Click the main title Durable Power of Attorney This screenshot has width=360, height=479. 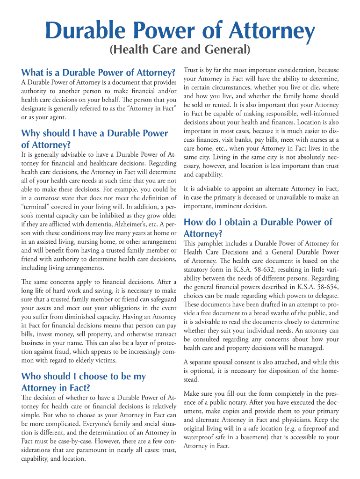pyautogui.click(x=180, y=32)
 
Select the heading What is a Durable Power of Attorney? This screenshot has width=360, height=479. pyautogui.click(x=98, y=73)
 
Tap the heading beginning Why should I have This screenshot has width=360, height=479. pyautogui.click(x=94, y=139)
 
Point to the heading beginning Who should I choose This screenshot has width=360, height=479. pyautogui.click(x=84, y=382)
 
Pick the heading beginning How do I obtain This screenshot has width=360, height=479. pyautogui.click(x=258, y=227)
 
